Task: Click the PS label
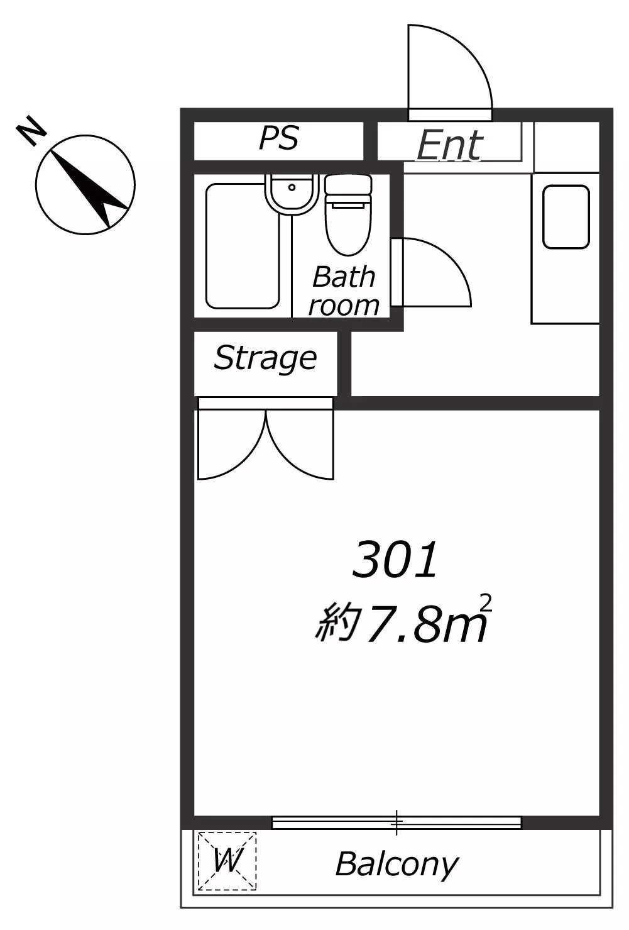point(279,138)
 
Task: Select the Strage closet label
point(266,358)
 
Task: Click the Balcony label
point(397,865)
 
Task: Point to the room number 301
point(395,559)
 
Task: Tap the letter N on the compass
point(31,130)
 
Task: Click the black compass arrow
point(89,188)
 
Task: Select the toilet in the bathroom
point(348,214)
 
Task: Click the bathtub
point(243,246)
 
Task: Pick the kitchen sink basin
point(566,217)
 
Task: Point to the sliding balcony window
point(397,823)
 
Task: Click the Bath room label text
point(344,292)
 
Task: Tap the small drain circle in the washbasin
point(292,187)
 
